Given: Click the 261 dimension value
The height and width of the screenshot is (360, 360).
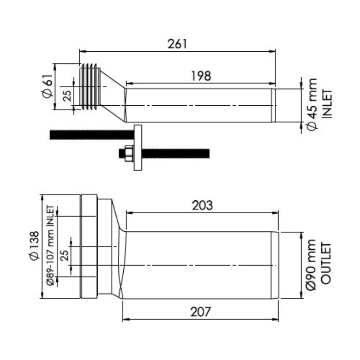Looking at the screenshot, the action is point(177,44).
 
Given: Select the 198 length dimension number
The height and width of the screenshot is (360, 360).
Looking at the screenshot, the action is point(201,76).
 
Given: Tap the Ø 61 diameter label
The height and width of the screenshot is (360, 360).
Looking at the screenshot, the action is point(48,86).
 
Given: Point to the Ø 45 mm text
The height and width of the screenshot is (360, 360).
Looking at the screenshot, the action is point(312,105).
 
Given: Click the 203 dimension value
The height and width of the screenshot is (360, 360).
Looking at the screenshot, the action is point(202,206).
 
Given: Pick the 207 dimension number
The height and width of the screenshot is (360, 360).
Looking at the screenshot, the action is point(200,312).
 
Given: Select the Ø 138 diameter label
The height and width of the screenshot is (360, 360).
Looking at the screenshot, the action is point(35,246).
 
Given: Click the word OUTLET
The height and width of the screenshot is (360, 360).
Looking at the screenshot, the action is point(326,263).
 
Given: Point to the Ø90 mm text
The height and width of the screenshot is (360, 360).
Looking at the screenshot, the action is point(311,265).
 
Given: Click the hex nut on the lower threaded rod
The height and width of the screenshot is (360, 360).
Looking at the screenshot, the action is point(129,153).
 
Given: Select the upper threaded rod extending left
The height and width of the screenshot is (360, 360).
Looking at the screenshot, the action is point(92,135).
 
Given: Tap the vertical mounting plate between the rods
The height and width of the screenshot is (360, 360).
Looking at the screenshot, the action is point(138,148).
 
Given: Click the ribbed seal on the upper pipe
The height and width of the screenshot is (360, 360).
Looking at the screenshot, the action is point(90,86).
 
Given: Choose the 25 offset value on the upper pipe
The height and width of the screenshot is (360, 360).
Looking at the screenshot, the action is point(67,96).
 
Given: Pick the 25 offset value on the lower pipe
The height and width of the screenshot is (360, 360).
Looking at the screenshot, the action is point(65,255).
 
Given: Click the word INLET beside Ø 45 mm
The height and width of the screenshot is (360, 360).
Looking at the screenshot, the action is point(327,104).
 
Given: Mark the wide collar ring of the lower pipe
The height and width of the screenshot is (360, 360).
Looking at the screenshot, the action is point(89,246).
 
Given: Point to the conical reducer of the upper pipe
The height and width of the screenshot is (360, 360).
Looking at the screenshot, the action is point(113,96).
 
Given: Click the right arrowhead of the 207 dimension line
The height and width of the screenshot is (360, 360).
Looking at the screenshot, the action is point(276,319).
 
